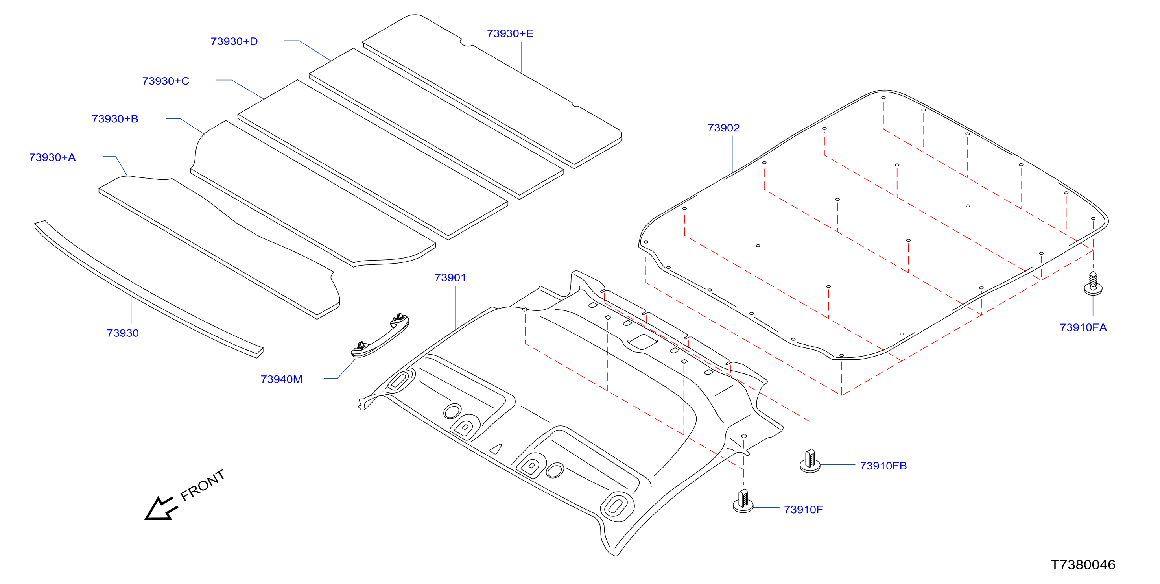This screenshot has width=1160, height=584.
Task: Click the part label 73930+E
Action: coord(510,34)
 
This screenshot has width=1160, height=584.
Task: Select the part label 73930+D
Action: coord(234,41)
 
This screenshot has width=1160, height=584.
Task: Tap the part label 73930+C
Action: coord(166,81)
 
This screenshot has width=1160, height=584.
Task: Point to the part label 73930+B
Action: coord(115,119)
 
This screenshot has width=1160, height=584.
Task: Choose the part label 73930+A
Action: coord(52,157)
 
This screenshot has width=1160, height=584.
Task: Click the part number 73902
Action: coord(724,128)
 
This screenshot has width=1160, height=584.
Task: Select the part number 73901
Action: coord(450,277)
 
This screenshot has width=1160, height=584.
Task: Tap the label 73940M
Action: coord(281,379)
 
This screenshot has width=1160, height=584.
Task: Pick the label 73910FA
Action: coord(1083,327)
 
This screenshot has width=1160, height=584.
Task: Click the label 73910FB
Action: coord(883,466)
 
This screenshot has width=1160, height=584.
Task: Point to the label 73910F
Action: coord(803,510)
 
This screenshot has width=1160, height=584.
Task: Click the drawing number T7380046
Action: coord(1083,565)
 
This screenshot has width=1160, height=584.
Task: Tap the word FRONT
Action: coord(203,485)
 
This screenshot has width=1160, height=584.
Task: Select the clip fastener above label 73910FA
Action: coord(1093,283)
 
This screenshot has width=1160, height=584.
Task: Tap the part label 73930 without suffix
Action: coord(122,333)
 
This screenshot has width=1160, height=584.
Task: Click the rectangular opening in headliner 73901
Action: coord(643,342)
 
